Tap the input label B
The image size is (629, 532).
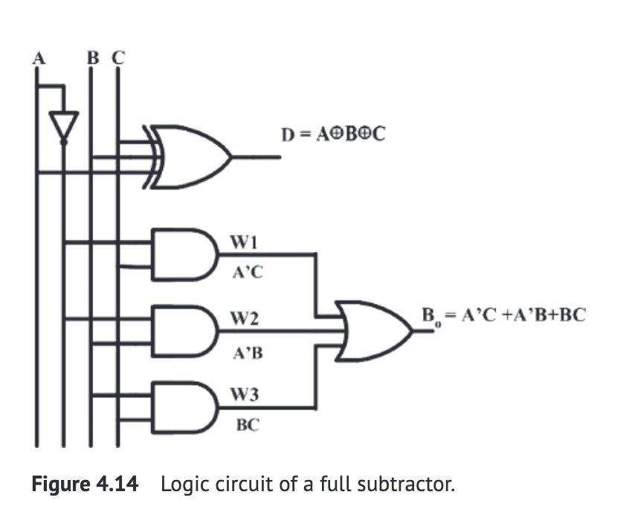click(x=91, y=56)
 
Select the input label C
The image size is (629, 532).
click(x=116, y=56)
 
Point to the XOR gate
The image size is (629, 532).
click(x=191, y=157)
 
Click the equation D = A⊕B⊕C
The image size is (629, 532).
click(x=333, y=134)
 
